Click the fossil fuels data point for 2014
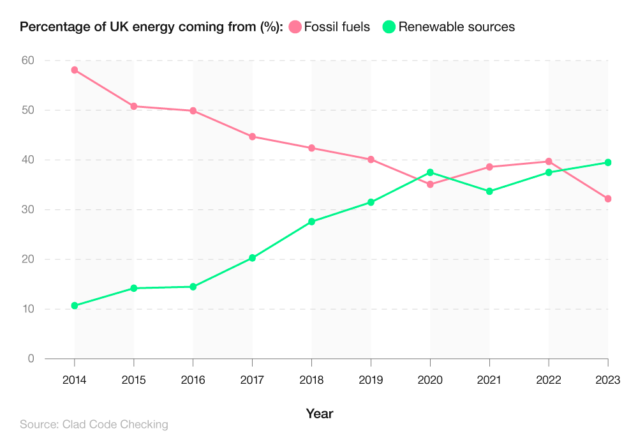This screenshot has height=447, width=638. click(x=75, y=70)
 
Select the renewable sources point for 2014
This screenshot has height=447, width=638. click(x=75, y=306)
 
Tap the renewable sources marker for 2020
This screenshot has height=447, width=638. click(x=430, y=172)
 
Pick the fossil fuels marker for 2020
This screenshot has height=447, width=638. click(x=430, y=185)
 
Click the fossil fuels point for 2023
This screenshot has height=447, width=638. click(x=608, y=199)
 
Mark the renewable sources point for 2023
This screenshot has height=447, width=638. click(x=608, y=163)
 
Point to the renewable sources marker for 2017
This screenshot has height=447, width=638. click(x=253, y=258)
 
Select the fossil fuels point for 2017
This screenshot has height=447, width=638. click(x=253, y=137)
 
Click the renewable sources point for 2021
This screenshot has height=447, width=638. click(x=489, y=192)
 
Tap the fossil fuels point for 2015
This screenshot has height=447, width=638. click(x=134, y=107)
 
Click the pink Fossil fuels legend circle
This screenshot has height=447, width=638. click(x=295, y=27)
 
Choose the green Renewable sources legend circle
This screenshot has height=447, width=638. click(x=389, y=27)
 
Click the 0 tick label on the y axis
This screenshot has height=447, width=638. click(x=30, y=359)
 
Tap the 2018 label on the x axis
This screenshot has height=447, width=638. click(x=311, y=381)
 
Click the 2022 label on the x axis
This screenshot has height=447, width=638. click(x=549, y=381)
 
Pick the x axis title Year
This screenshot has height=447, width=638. click(x=319, y=414)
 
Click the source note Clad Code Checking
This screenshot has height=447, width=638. click(x=94, y=425)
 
